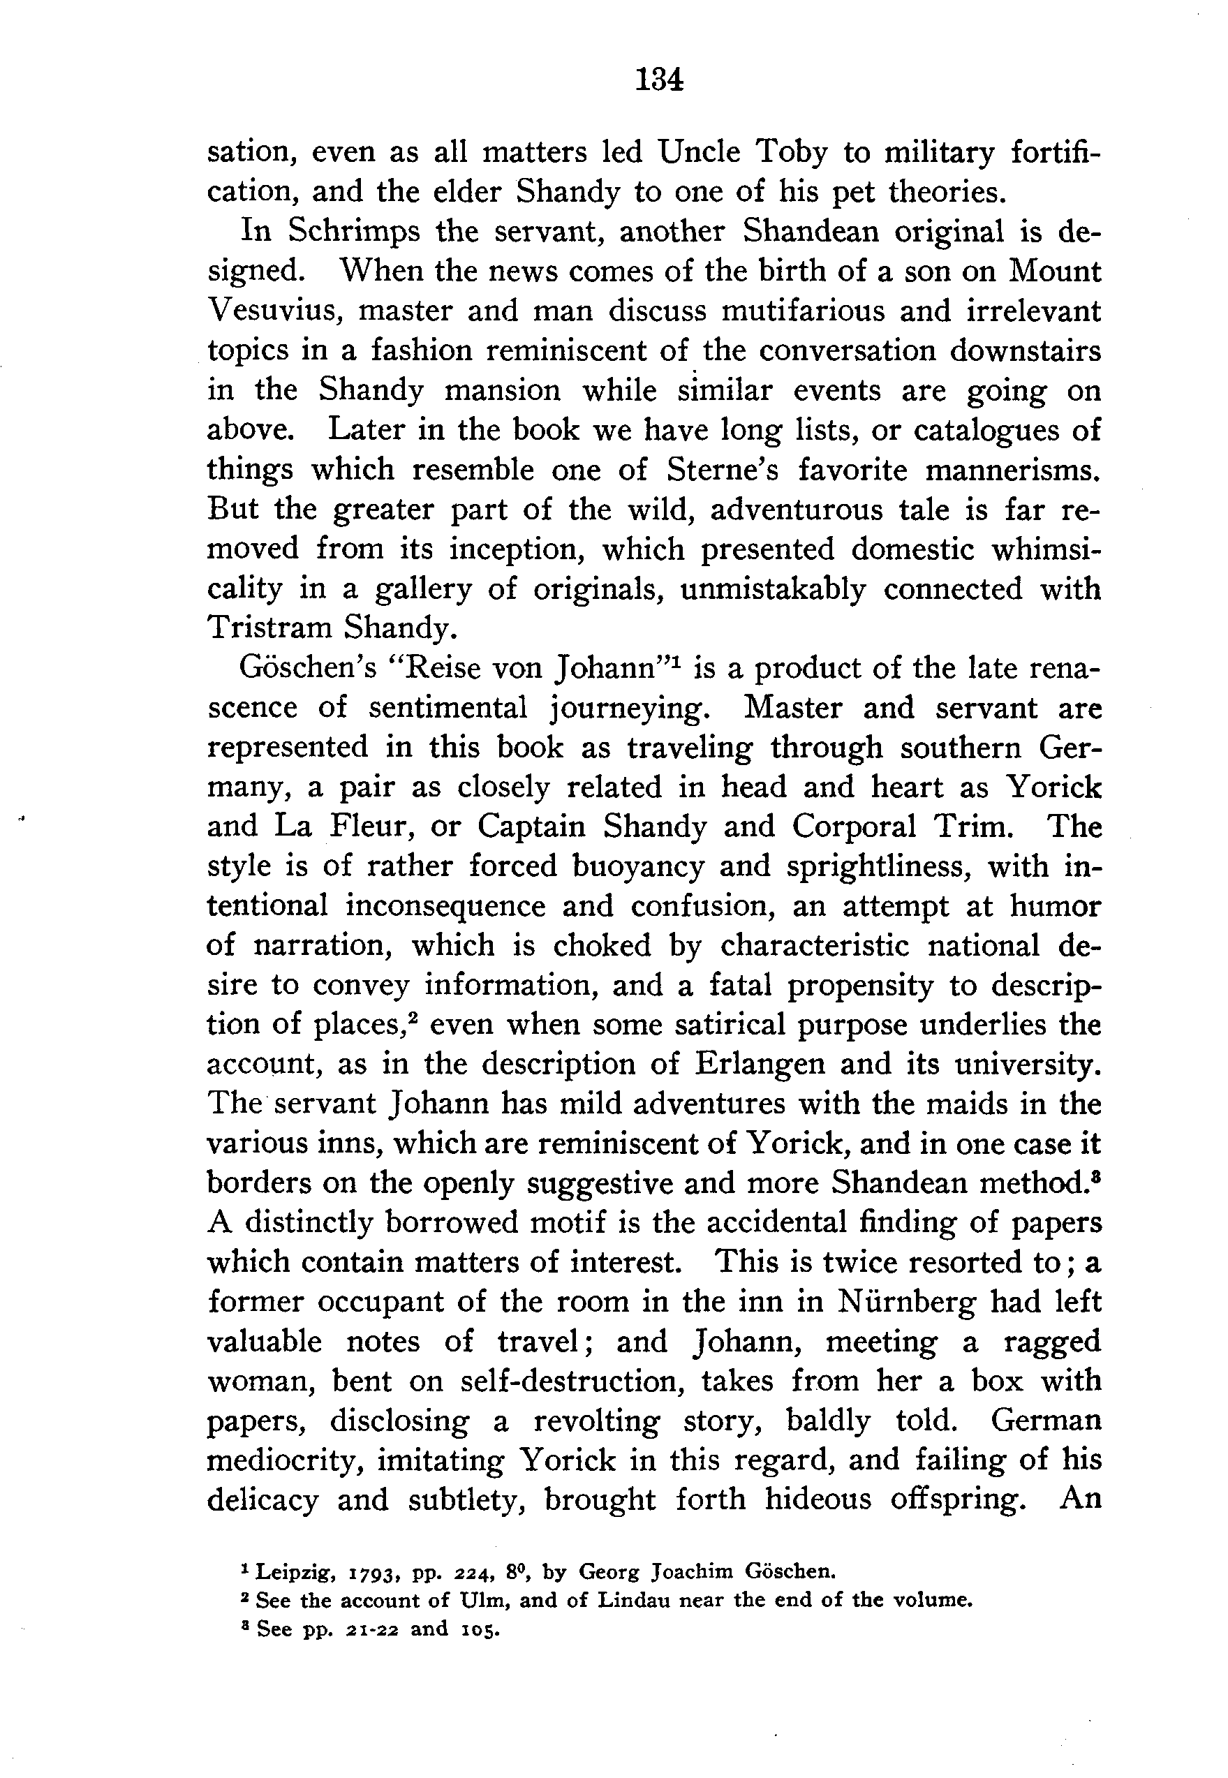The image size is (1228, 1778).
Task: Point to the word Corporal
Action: point(853,827)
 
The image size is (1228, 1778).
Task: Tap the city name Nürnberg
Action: point(905,1302)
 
